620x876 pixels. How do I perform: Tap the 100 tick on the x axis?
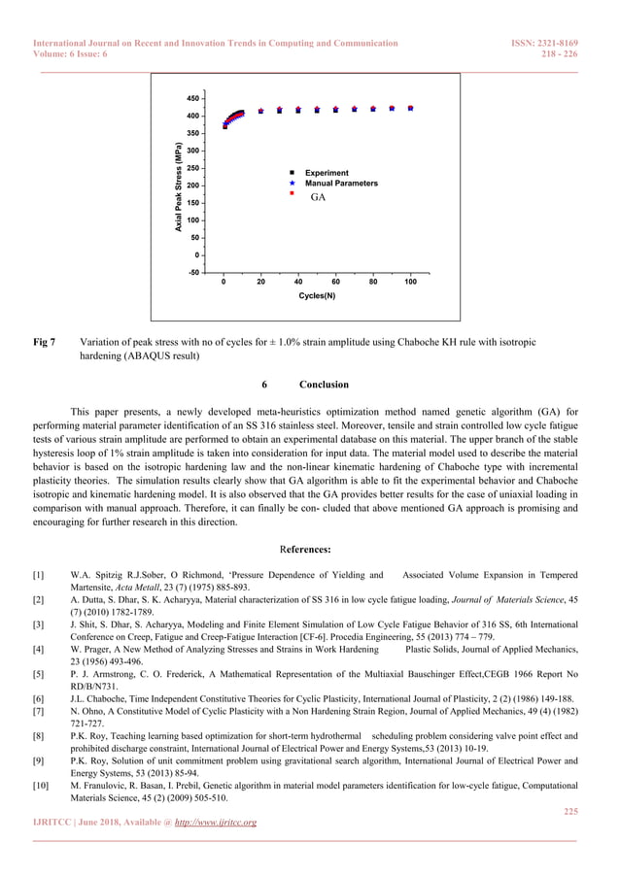410,282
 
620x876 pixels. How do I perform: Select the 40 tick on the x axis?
298,282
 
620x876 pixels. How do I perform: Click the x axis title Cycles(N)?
317,295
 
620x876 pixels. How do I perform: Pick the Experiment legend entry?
327,173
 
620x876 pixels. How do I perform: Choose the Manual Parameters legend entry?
341,183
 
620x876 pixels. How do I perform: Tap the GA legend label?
318,197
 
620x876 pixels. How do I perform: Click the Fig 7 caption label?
45,342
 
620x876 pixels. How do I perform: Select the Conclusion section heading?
323,385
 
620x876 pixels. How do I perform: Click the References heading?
310,549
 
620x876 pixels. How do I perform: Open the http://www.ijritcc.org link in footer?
215,823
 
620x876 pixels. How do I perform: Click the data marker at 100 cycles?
411,108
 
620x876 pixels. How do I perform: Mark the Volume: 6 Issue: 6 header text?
70,54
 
